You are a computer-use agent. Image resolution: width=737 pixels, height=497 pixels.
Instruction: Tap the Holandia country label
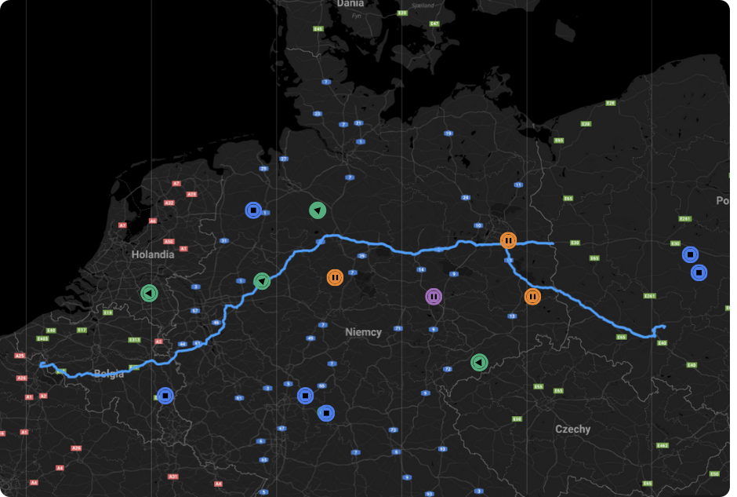pos(153,254)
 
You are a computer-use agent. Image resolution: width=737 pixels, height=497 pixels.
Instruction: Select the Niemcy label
pos(364,332)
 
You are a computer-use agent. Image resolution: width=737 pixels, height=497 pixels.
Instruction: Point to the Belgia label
pos(109,374)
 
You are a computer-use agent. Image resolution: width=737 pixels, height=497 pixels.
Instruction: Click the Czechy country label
pos(573,429)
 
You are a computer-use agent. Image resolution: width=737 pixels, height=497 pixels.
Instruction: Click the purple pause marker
pos(434,297)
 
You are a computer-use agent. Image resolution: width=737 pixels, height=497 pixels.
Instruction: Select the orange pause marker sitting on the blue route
pos(508,240)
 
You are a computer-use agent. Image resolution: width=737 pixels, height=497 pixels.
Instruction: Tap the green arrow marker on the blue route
pos(262,280)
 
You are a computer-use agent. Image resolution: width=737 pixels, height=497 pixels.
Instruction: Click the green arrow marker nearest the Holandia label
pos(149,293)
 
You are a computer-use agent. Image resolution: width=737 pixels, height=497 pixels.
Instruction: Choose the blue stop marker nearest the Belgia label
pos(165,396)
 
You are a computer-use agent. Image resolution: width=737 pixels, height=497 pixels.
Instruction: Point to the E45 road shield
pos(318,28)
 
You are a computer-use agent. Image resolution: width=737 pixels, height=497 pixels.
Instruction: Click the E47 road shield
pos(434,24)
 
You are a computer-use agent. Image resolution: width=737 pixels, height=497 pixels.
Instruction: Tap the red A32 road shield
pos(169,203)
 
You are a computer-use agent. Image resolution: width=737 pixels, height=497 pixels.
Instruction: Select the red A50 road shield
pos(169,242)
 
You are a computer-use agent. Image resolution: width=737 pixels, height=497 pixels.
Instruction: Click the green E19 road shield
pos(108,312)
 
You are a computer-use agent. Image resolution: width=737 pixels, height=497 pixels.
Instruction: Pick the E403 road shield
pos(43,339)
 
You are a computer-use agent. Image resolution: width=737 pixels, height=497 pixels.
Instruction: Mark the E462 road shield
pos(663,446)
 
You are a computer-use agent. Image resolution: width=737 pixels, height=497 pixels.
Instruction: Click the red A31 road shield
pos(173,477)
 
